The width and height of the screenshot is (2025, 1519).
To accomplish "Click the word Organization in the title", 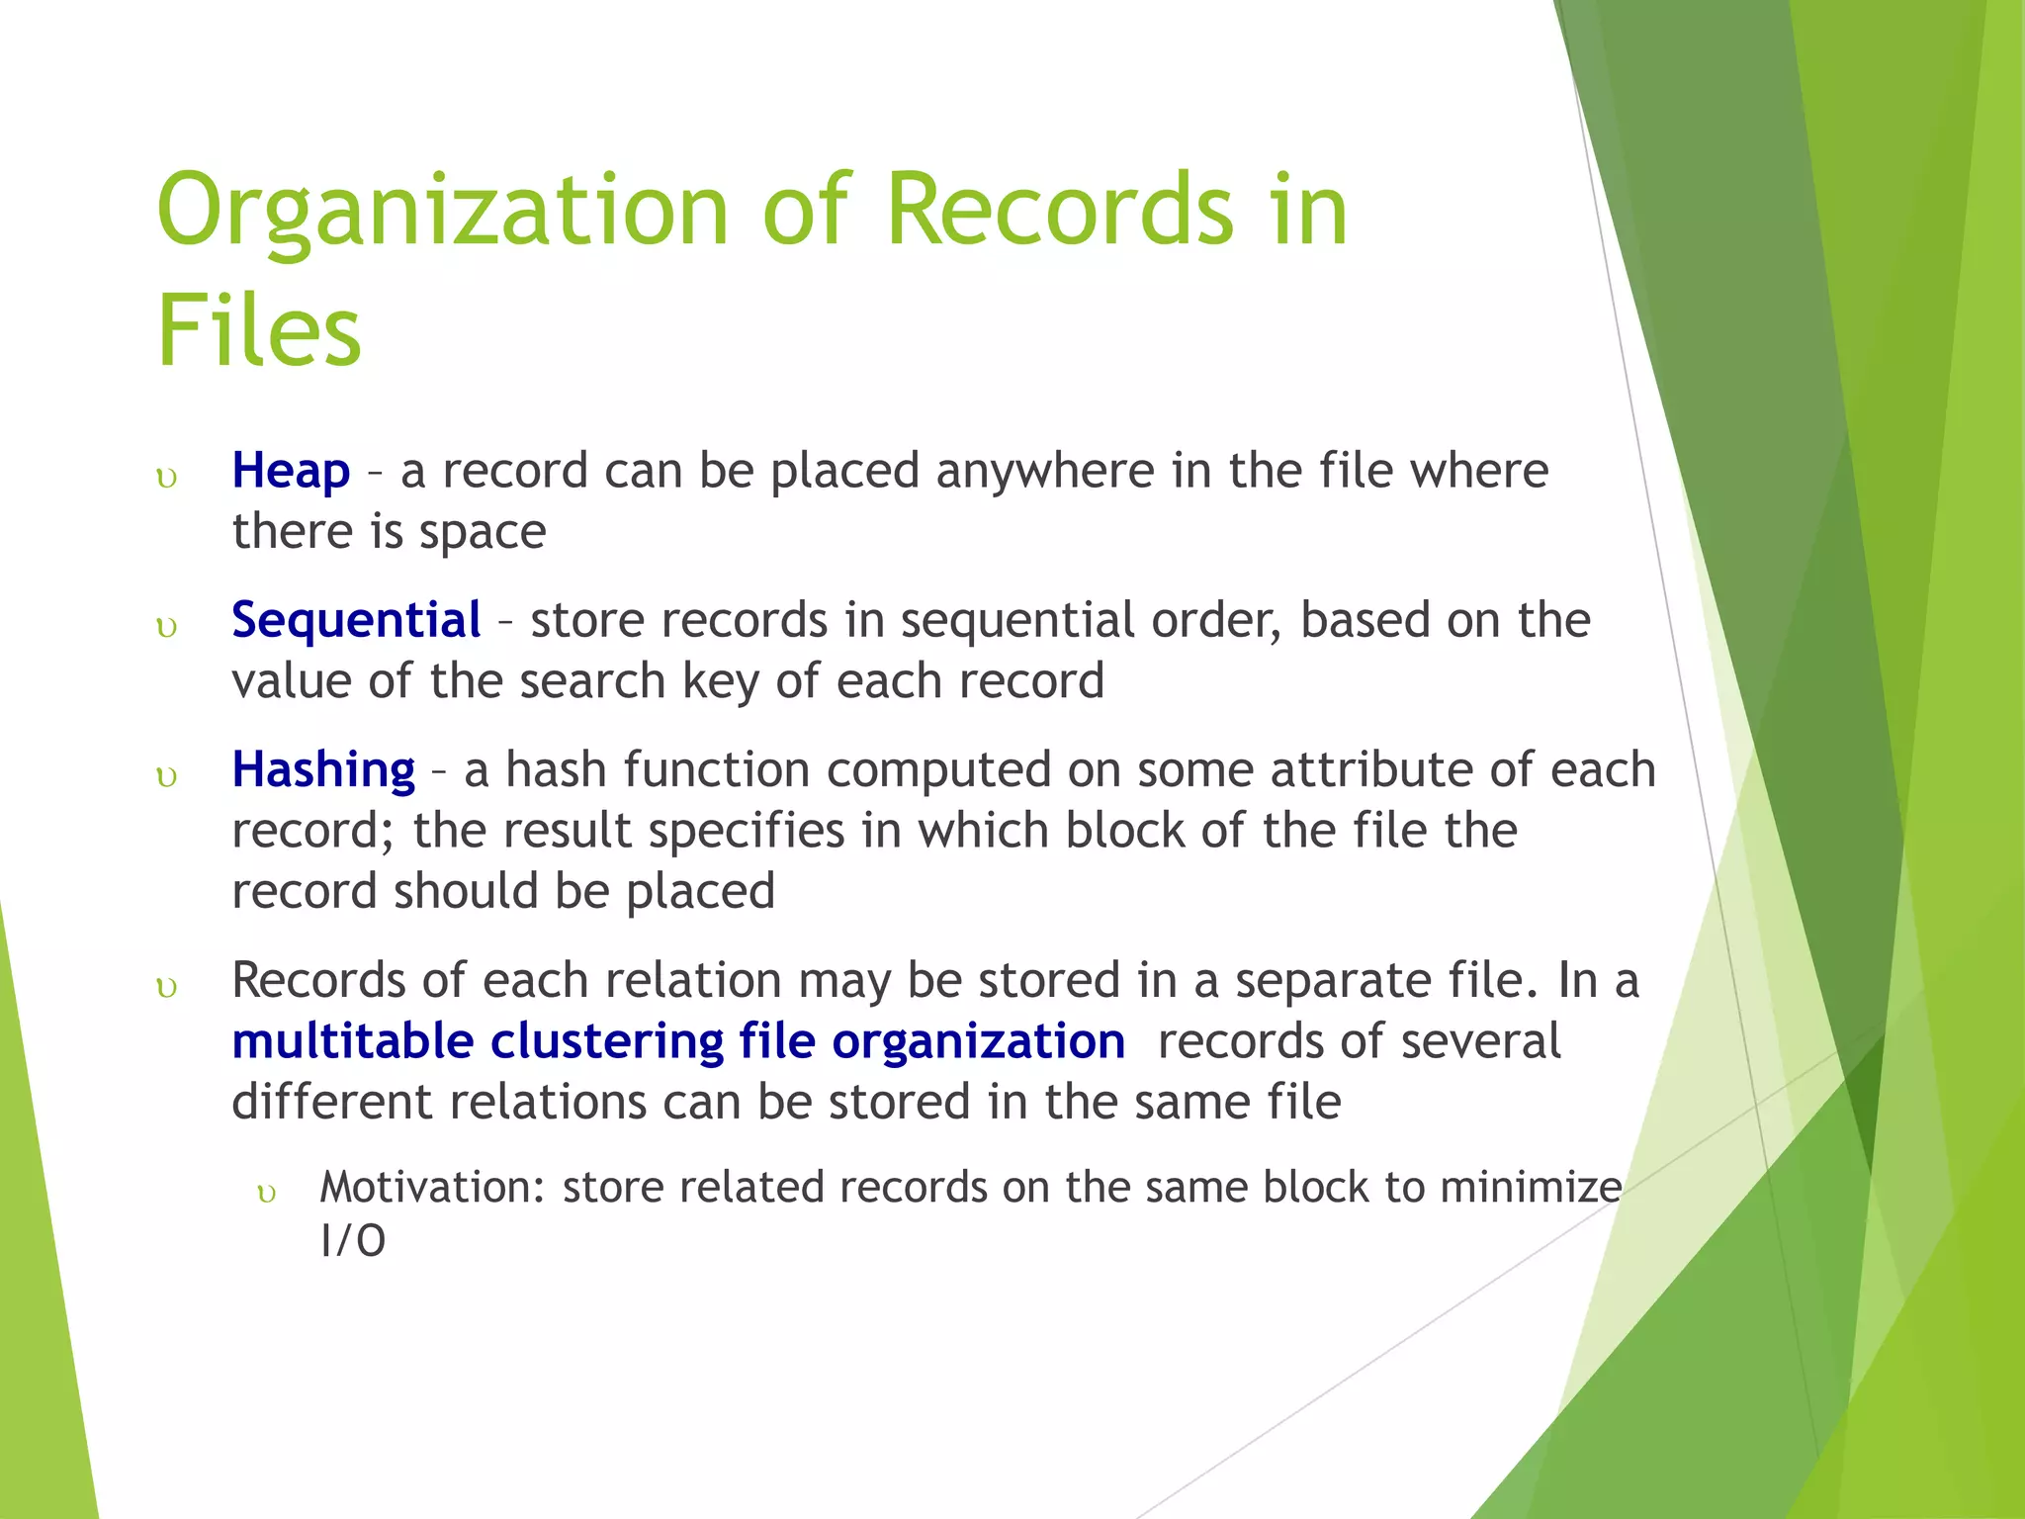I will [x=442, y=211].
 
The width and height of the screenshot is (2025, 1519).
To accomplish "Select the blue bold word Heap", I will [x=291, y=471].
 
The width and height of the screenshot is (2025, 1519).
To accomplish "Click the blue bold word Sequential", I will [x=356, y=620].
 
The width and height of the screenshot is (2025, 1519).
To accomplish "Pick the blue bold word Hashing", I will [x=323, y=769].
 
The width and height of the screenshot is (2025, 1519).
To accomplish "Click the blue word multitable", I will [x=353, y=1041].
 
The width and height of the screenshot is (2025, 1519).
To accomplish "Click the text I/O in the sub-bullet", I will [x=353, y=1240].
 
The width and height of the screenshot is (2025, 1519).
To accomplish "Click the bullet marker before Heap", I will [x=167, y=479].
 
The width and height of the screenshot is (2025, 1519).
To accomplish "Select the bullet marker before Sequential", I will [x=167, y=628].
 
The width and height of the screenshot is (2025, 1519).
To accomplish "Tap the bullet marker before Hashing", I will [x=167, y=777].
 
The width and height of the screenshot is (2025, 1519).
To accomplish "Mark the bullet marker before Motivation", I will [x=266, y=1194].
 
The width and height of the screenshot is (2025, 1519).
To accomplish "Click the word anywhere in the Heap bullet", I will [x=1044, y=471].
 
